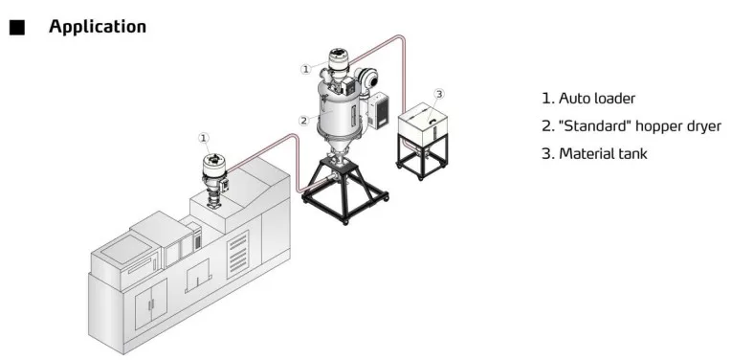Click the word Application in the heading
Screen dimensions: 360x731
(98, 27)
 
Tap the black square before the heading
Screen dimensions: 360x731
(17, 28)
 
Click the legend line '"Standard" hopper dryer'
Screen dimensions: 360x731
(631, 126)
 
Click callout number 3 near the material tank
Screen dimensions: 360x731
(438, 93)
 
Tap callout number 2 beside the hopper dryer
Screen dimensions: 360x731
(303, 121)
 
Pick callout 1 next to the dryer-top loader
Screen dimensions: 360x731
(305, 69)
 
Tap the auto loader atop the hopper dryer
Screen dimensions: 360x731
(338, 64)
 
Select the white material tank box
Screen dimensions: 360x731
(428, 124)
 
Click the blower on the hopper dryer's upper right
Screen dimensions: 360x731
(365, 76)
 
